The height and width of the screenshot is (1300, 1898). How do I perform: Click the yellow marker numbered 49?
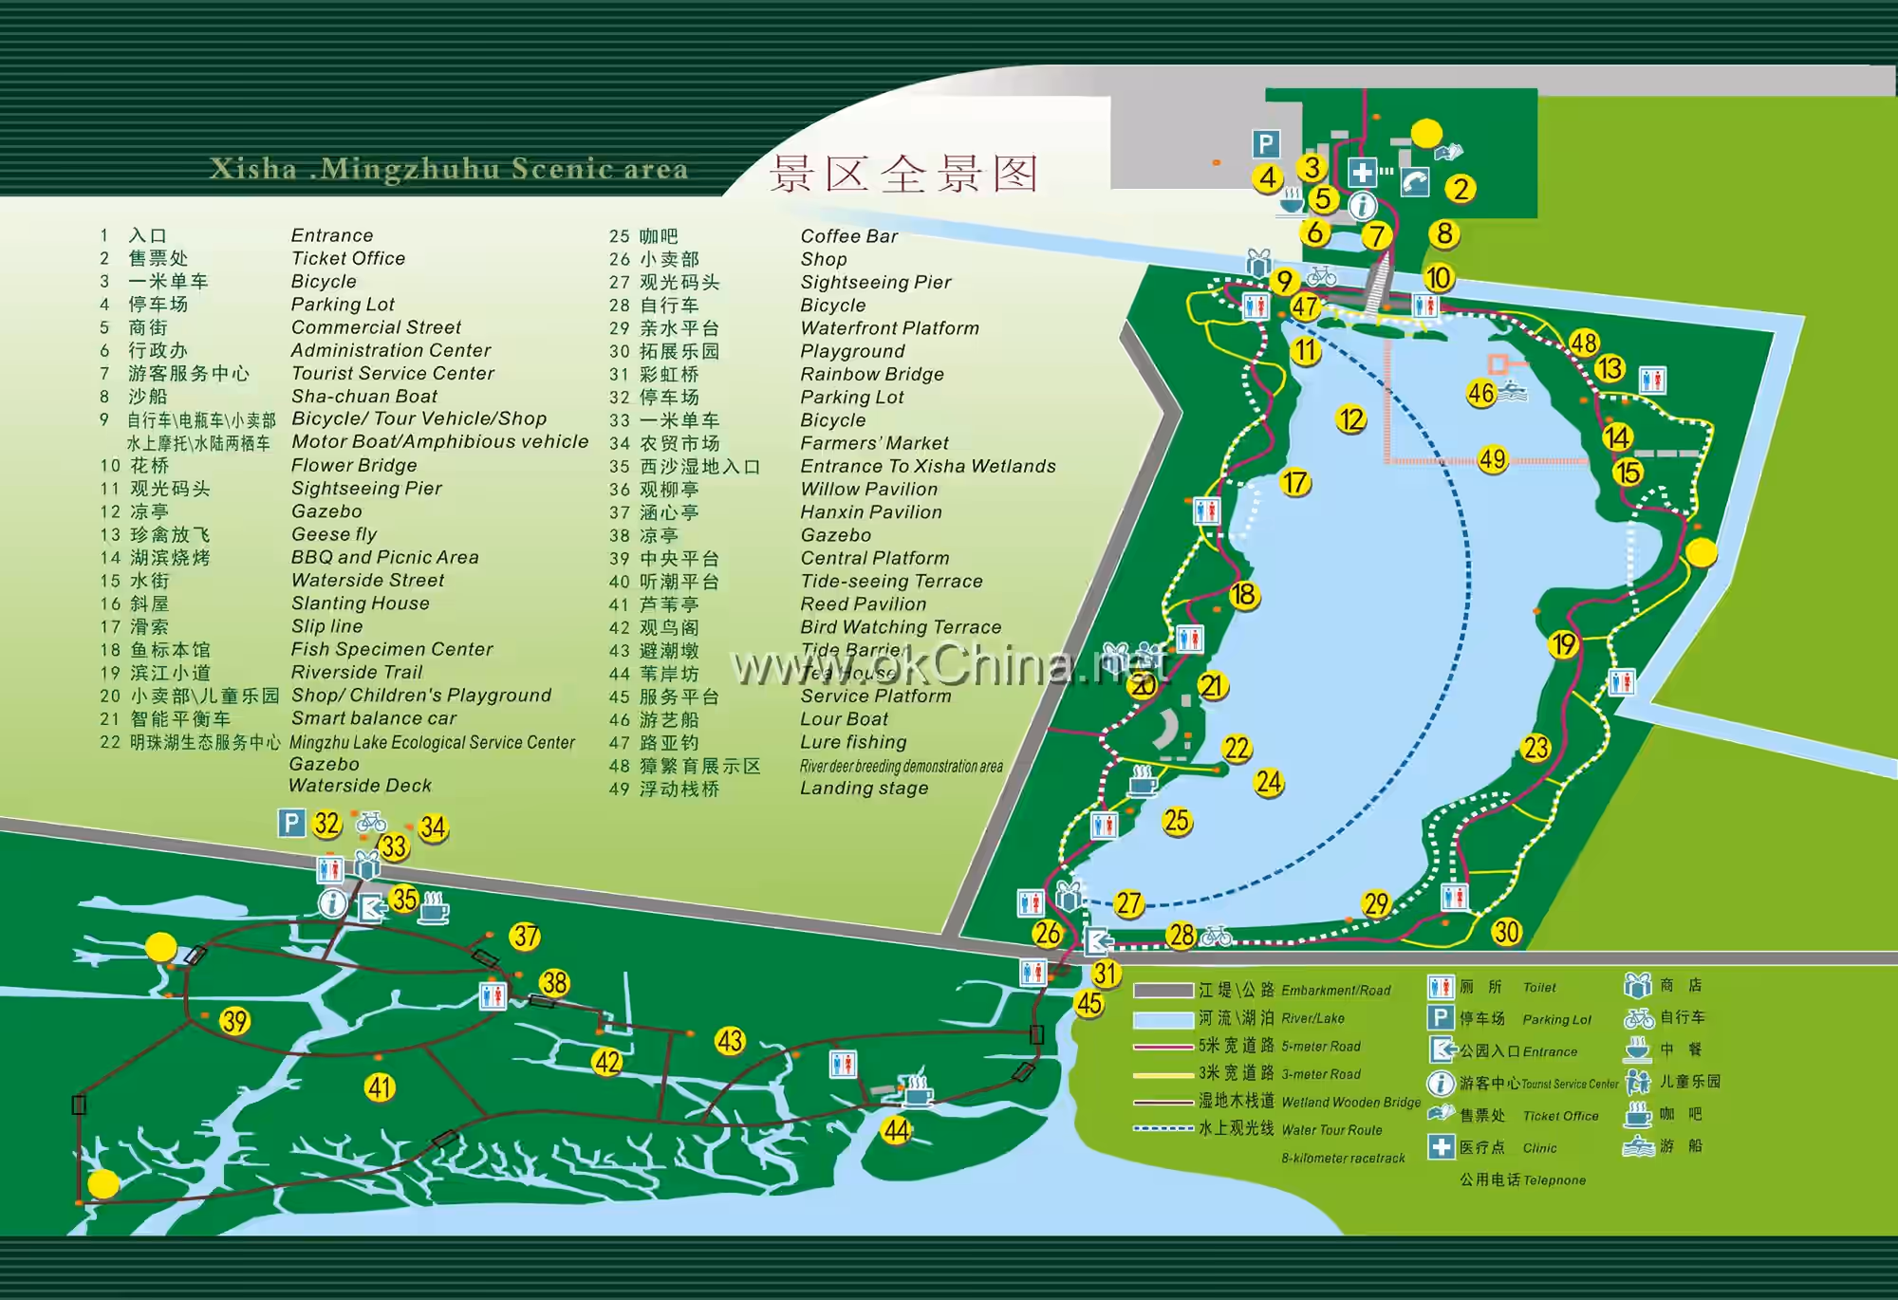point(1493,459)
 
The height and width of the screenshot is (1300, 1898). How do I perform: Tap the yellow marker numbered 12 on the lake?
point(1350,419)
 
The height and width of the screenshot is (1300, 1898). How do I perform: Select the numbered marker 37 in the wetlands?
point(525,937)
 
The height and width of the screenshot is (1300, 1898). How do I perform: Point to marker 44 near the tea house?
point(896,1130)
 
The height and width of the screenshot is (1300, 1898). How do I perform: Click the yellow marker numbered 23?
point(1535,748)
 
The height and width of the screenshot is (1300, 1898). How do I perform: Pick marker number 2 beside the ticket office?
point(1461,189)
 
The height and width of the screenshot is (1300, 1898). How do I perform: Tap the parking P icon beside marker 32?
point(291,823)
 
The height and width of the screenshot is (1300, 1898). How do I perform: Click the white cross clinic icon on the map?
point(1362,173)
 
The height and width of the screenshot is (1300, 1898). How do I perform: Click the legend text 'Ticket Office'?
point(1560,1116)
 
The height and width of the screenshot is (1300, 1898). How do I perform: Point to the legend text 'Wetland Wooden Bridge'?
point(1350,1103)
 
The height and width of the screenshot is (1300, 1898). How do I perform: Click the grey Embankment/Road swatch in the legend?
point(1163,991)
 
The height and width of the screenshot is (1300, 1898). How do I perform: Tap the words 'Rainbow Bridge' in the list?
point(872,374)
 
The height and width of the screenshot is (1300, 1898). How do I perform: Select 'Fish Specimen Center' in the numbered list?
point(392,649)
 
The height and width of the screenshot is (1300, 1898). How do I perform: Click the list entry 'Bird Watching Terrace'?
point(901,627)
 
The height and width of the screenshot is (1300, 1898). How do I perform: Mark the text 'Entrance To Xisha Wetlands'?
point(927,466)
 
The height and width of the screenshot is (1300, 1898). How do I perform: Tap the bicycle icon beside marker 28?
point(1216,937)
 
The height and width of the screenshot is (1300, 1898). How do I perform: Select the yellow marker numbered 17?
point(1294,482)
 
